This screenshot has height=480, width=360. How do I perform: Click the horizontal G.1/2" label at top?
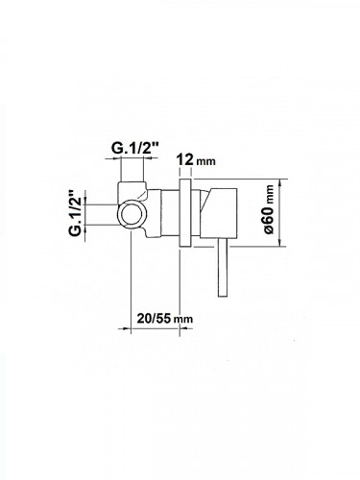pyautogui.click(x=135, y=148)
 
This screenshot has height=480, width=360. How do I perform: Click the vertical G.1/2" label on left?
pyautogui.click(x=76, y=213)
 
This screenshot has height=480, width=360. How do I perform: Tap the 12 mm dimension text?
pyautogui.click(x=197, y=159)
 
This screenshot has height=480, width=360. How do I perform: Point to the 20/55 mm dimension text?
pyautogui.click(x=165, y=319)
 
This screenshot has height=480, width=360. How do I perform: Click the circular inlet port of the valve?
pyautogui.click(x=131, y=215)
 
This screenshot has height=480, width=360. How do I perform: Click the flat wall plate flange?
pyautogui.click(x=185, y=213)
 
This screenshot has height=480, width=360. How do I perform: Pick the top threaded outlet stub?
pyautogui.click(x=132, y=191)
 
